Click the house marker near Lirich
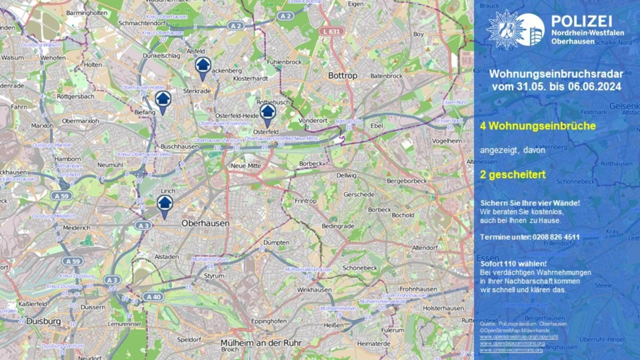pyautogui.click(x=165, y=203)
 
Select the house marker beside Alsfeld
pyautogui.click(x=203, y=66)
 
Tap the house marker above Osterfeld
pyautogui.click(x=268, y=112)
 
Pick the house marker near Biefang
pyautogui.click(x=163, y=99)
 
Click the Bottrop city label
pyautogui.click(x=342, y=76)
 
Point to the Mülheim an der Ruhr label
pyautogui.click(x=261, y=342)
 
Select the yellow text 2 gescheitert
pyautogui.click(x=513, y=174)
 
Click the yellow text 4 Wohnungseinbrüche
pyautogui.click(x=538, y=126)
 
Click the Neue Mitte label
pyautogui.click(x=246, y=166)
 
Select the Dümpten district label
pyautogui.click(x=276, y=242)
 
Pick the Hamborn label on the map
pyautogui.click(x=68, y=159)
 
